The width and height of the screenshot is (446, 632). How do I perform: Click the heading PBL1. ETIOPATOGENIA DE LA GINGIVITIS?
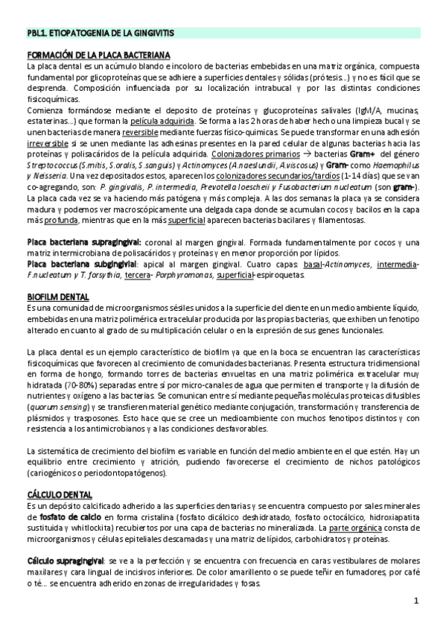tap(99, 34)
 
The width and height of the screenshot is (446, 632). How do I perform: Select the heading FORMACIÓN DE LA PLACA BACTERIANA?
tap(98, 56)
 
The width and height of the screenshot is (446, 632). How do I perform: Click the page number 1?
tap(416, 601)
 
